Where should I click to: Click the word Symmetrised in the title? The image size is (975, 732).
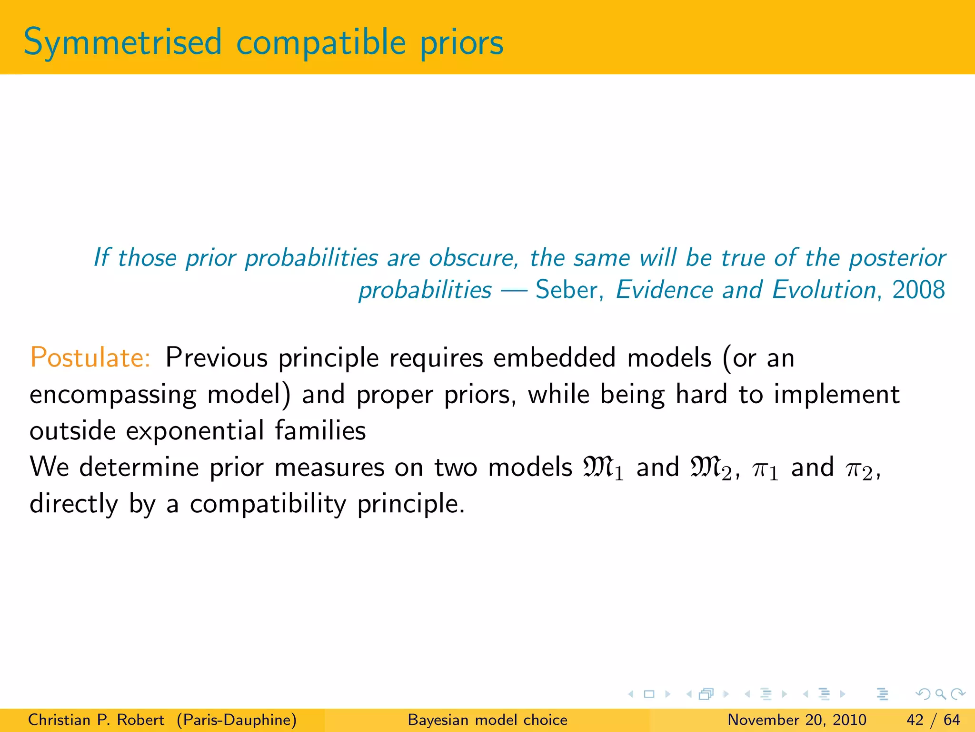(122, 43)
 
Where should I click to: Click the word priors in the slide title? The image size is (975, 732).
(461, 43)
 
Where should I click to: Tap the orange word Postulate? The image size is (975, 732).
(90, 357)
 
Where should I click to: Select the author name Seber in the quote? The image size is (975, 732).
(566, 290)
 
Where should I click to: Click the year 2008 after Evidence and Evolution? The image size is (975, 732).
(918, 290)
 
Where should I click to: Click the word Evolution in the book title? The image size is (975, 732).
(824, 290)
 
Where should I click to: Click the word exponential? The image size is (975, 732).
(195, 430)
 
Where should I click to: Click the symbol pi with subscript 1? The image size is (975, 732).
(765, 469)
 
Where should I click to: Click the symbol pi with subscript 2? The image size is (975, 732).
(859, 469)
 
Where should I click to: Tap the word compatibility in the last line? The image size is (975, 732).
(268, 504)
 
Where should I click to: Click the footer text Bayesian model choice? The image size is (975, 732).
(487, 720)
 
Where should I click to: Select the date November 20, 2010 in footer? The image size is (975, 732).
(797, 720)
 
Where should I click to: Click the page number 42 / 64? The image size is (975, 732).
(933, 720)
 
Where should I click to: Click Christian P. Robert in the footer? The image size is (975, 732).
(96, 720)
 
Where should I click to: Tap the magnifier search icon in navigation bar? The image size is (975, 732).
(940, 694)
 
